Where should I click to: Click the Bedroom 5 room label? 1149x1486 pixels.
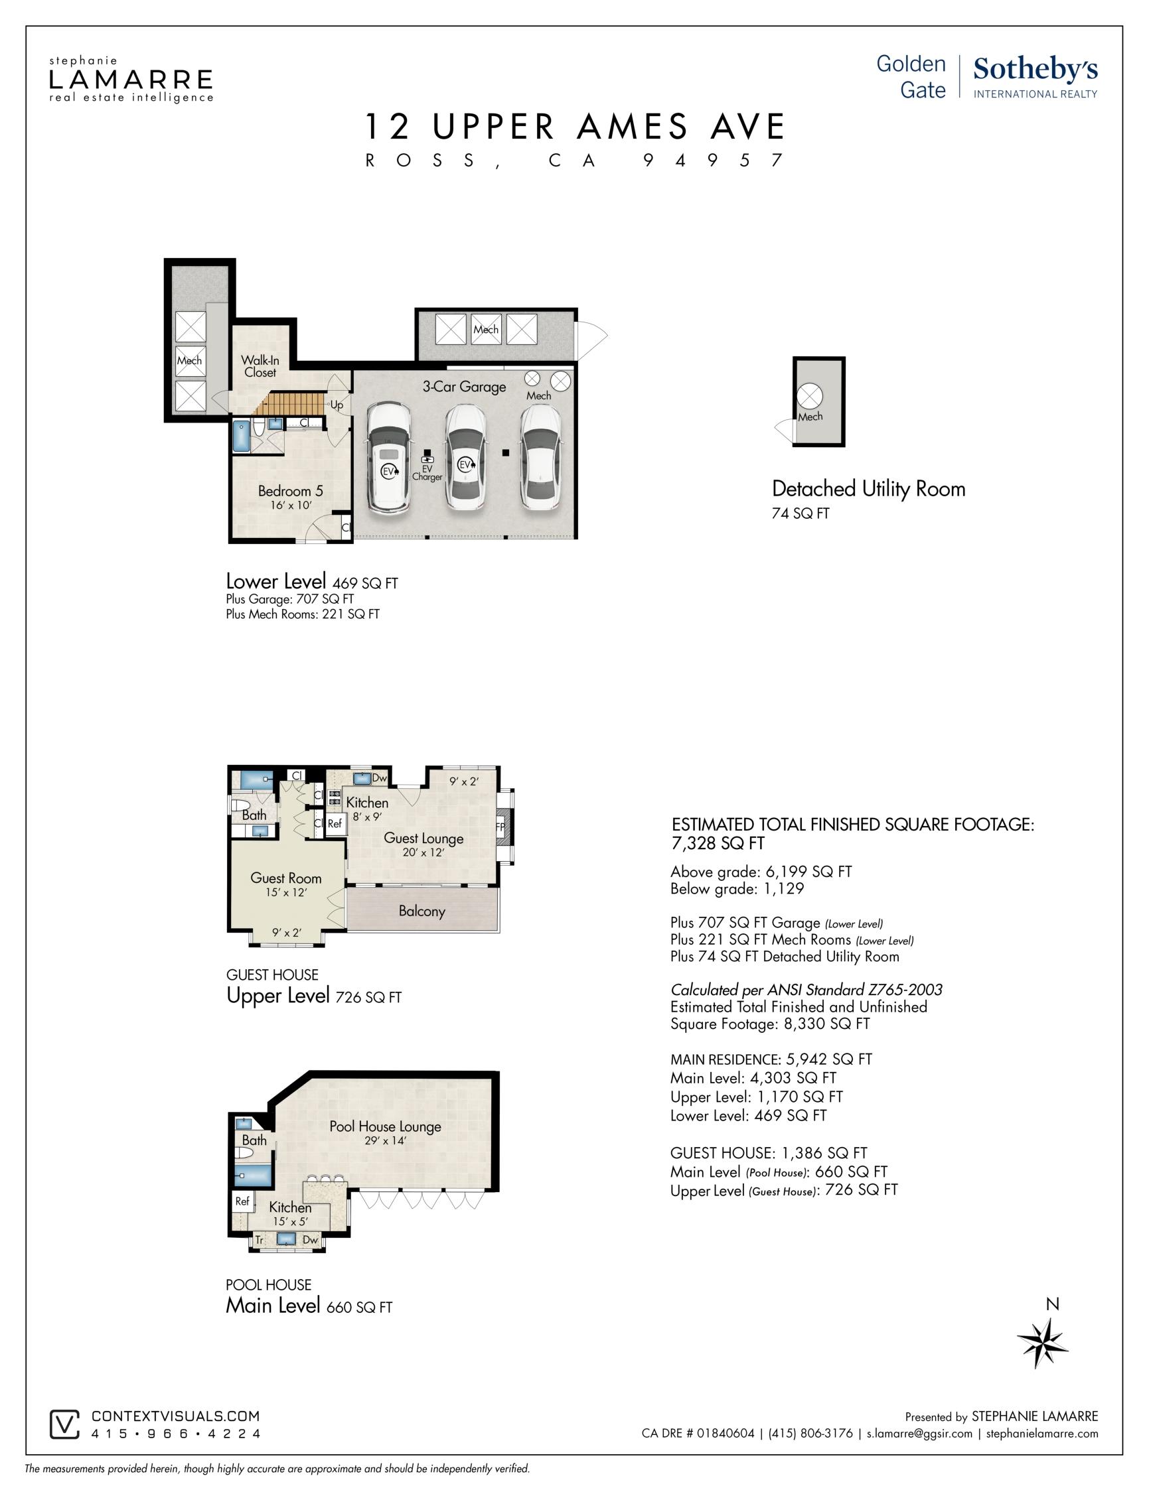[291, 490]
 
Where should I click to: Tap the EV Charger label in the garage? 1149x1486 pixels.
[427, 473]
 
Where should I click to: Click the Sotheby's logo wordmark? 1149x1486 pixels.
[1035, 70]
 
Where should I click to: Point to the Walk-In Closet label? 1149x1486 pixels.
[260, 366]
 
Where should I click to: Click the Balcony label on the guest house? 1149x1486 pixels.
[422, 911]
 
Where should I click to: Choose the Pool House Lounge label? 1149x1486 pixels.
[385, 1126]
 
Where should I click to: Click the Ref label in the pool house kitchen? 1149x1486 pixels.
[242, 1201]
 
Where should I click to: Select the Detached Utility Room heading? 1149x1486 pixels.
[869, 488]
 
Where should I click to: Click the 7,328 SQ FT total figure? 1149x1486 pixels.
[718, 843]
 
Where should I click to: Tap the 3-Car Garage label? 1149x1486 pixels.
[464, 387]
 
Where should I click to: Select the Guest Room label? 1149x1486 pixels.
[286, 878]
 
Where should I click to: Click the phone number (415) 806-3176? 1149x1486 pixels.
[810, 1433]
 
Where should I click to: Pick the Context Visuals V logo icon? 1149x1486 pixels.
[64, 1424]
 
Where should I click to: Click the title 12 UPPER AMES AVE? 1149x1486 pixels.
[575, 127]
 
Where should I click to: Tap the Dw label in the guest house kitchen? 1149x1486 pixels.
[379, 777]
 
